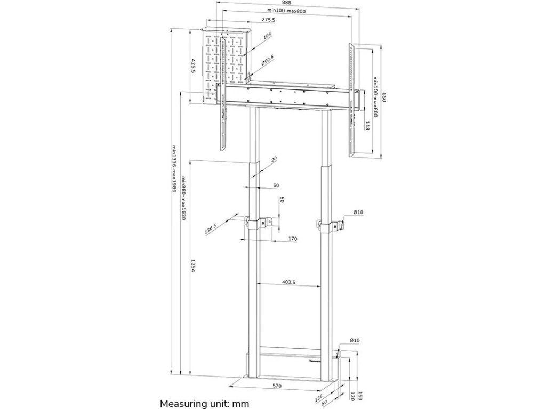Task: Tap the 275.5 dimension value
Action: (x=269, y=20)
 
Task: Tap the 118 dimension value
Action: (x=368, y=126)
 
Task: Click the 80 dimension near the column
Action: (x=274, y=159)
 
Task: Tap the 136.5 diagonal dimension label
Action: (x=210, y=227)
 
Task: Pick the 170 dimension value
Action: (x=293, y=239)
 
